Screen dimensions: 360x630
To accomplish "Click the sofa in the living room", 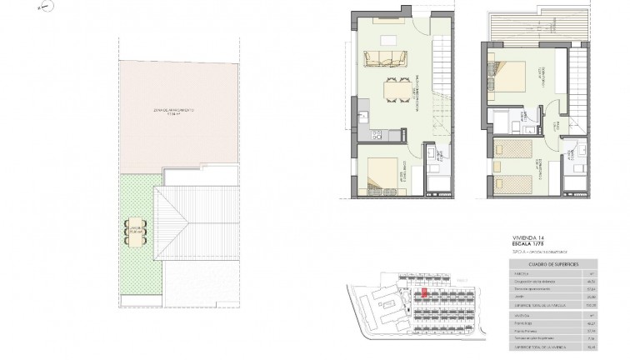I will pos(382,59).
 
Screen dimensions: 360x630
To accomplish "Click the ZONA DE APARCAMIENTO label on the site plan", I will pos(173,110).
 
